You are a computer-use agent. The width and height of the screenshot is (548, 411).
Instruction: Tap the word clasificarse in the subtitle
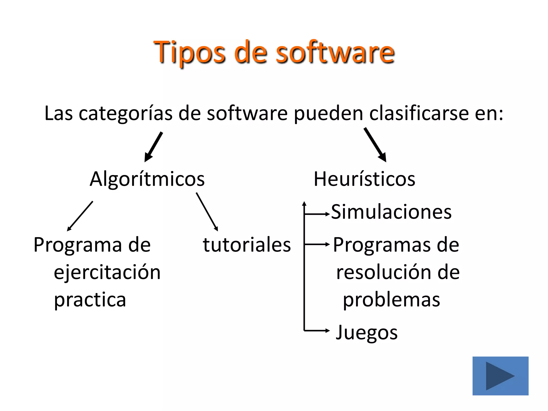tap(419, 113)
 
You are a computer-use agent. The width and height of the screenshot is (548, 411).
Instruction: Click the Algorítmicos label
tap(147, 179)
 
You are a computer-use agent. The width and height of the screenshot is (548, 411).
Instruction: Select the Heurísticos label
tap(364, 179)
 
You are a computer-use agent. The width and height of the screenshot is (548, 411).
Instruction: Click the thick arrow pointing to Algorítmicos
tap(154, 147)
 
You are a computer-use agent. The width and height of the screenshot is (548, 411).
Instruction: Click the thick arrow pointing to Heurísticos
tap(375, 145)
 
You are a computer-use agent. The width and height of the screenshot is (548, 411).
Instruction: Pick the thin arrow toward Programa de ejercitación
tap(80, 216)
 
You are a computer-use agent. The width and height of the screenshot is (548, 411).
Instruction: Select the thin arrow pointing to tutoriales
tap(207, 211)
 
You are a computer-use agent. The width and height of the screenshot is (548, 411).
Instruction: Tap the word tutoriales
tap(246, 245)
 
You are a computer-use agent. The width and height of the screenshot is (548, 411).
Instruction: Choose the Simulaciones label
tap(391, 212)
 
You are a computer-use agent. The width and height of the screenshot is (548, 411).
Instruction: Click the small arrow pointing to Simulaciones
tap(317, 214)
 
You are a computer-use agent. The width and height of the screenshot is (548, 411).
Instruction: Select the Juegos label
tap(367, 332)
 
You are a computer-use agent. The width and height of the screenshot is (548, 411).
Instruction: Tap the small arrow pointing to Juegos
tap(317, 331)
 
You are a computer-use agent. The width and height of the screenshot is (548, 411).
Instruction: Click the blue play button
tap(500, 376)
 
